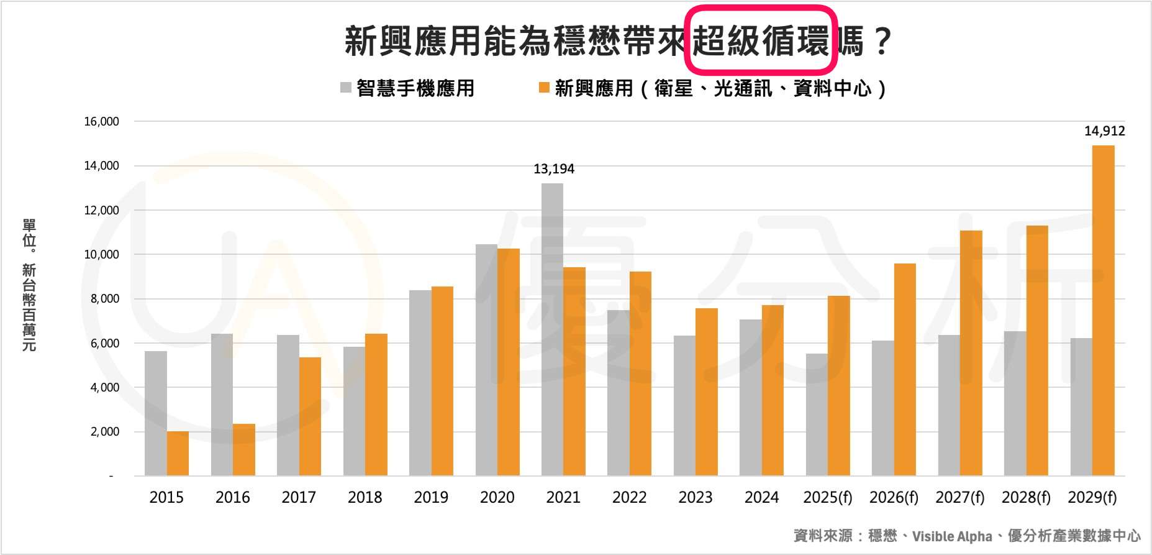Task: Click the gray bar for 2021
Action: [552, 329]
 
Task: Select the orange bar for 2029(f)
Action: [1104, 311]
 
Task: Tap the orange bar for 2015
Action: [178, 454]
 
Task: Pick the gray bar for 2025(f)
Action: [817, 415]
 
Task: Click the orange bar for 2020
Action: [509, 362]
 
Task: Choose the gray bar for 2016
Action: [222, 405]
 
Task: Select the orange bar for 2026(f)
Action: [905, 370]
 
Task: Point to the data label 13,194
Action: [554, 169]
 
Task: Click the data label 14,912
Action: [1104, 131]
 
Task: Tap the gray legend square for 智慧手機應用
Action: [346, 88]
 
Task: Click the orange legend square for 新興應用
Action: [544, 88]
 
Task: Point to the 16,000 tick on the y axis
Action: [102, 122]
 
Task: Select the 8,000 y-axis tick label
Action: [104, 299]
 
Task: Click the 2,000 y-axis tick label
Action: [104, 432]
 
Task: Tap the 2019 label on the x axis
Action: [431, 498]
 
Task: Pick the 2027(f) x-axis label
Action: [960, 498]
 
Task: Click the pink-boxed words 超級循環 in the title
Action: [761, 41]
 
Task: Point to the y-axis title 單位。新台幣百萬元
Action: [29, 285]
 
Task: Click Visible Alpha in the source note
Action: [952, 536]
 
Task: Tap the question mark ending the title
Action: [882, 41]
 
